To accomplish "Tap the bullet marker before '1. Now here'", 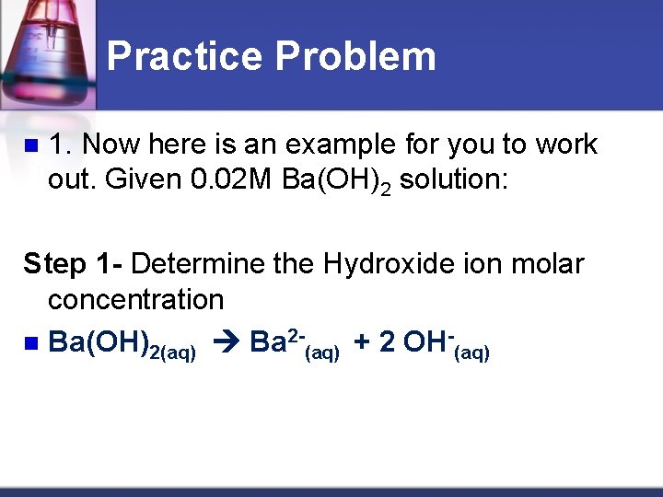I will pyautogui.click(x=30, y=145).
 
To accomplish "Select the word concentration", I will pyautogui.click(x=135, y=299).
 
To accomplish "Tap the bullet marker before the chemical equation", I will pyautogui.click(x=30, y=343).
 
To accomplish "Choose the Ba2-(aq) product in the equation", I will pyautogui.click(x=295, y=343).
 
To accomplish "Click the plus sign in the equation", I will pyautogui.click(x=362, y=342).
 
